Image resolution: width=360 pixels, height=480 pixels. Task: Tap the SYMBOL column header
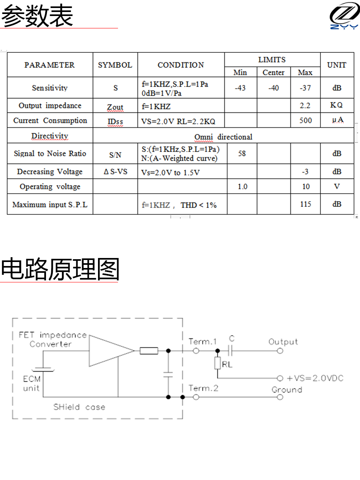115,65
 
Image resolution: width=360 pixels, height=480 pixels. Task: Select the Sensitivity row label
50,88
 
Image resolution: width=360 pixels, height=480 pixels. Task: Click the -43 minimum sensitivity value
240,88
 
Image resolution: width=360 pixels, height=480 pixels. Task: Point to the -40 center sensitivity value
274,88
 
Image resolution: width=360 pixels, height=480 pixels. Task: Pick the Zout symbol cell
115,107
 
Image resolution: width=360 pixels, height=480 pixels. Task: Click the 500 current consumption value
306,120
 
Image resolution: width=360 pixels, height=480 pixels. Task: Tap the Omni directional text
223,137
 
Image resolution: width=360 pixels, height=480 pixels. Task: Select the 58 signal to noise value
242,153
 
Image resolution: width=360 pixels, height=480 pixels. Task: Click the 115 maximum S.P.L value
306,204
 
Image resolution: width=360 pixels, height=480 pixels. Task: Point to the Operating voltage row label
50,187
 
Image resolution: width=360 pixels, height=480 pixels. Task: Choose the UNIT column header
337,65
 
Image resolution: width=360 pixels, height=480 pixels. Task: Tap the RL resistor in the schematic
218,363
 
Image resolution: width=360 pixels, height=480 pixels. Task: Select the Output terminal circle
280,351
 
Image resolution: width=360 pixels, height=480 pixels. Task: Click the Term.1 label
202,342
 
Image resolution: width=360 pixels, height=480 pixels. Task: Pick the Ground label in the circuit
287,390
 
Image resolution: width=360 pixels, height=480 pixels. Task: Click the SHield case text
79,407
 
